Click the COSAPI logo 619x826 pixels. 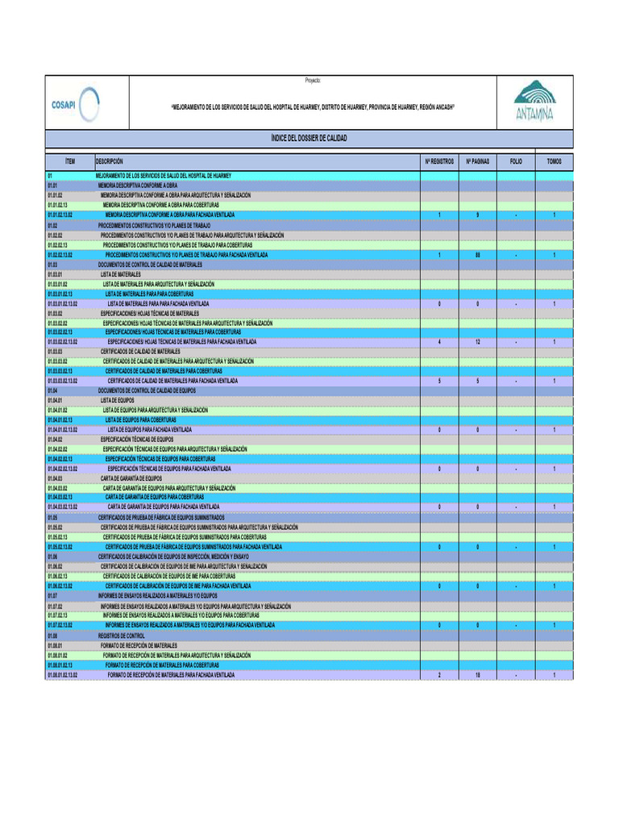point(75,104)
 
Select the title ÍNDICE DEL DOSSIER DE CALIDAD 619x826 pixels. point(309,139)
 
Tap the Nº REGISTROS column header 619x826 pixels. point(439,161)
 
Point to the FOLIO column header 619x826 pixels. point(516,161)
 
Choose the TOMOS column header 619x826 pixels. point(554,161)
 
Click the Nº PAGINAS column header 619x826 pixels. point(478,161)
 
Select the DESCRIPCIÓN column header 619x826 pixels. point(110,161)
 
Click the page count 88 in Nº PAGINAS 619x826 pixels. point(478,255)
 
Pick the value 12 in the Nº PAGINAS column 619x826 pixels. point(478,342)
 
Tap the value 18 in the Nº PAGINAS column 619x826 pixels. point(478,675)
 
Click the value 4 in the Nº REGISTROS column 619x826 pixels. point(439,342)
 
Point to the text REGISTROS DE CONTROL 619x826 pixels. point(122,636)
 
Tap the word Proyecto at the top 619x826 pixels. point(313,81)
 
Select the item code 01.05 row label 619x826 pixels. point(52,517)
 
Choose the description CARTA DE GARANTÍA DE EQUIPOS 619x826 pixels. point(131,478)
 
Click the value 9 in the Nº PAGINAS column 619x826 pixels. point(478,215)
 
